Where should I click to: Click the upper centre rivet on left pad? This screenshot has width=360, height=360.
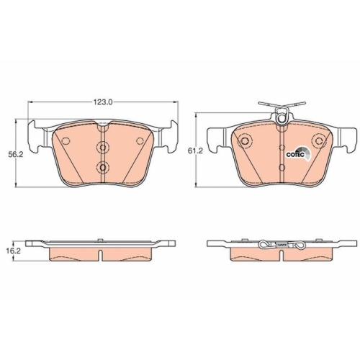pos(102,148)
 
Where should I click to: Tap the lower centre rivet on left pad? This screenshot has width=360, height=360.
pos(102,169)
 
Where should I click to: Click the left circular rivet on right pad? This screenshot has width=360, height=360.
pos(248,141)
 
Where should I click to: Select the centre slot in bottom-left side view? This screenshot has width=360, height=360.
pos(102,254)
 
